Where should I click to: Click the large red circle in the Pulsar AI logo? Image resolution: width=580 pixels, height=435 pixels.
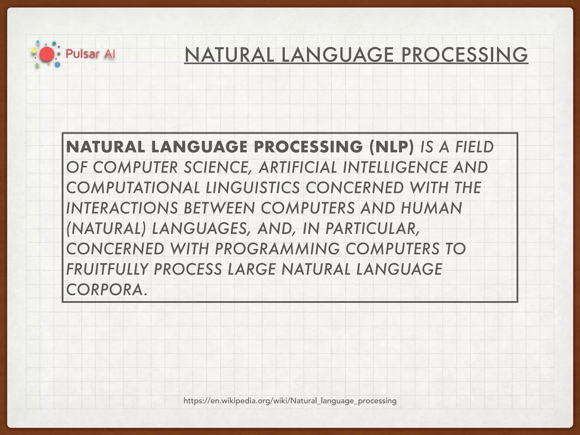coord(47,54)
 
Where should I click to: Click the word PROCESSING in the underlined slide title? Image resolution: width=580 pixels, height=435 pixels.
coord(464,55)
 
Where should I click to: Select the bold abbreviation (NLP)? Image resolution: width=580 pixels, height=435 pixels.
coord(391,147)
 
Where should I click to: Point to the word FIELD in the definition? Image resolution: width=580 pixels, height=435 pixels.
coord(474,147)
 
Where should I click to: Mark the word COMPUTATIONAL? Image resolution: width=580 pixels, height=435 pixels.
coord(133,188)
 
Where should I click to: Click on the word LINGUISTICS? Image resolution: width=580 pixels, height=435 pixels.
coord(253,188)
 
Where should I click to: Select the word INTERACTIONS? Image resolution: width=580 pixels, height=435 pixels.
coord(122,208)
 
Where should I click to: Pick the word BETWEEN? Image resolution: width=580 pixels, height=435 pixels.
coord(219,208)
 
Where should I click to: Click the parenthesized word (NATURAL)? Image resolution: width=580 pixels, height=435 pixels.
coord(106,229)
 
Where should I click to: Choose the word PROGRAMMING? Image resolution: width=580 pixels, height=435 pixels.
coord(277,249)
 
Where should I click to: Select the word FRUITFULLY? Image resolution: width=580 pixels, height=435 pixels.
coord(107,269)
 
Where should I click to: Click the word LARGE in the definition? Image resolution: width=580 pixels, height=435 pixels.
coord(251,269)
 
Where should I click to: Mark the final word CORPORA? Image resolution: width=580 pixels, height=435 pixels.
coord(106,290)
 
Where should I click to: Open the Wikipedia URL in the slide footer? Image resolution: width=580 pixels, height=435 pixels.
coord(290,401)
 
